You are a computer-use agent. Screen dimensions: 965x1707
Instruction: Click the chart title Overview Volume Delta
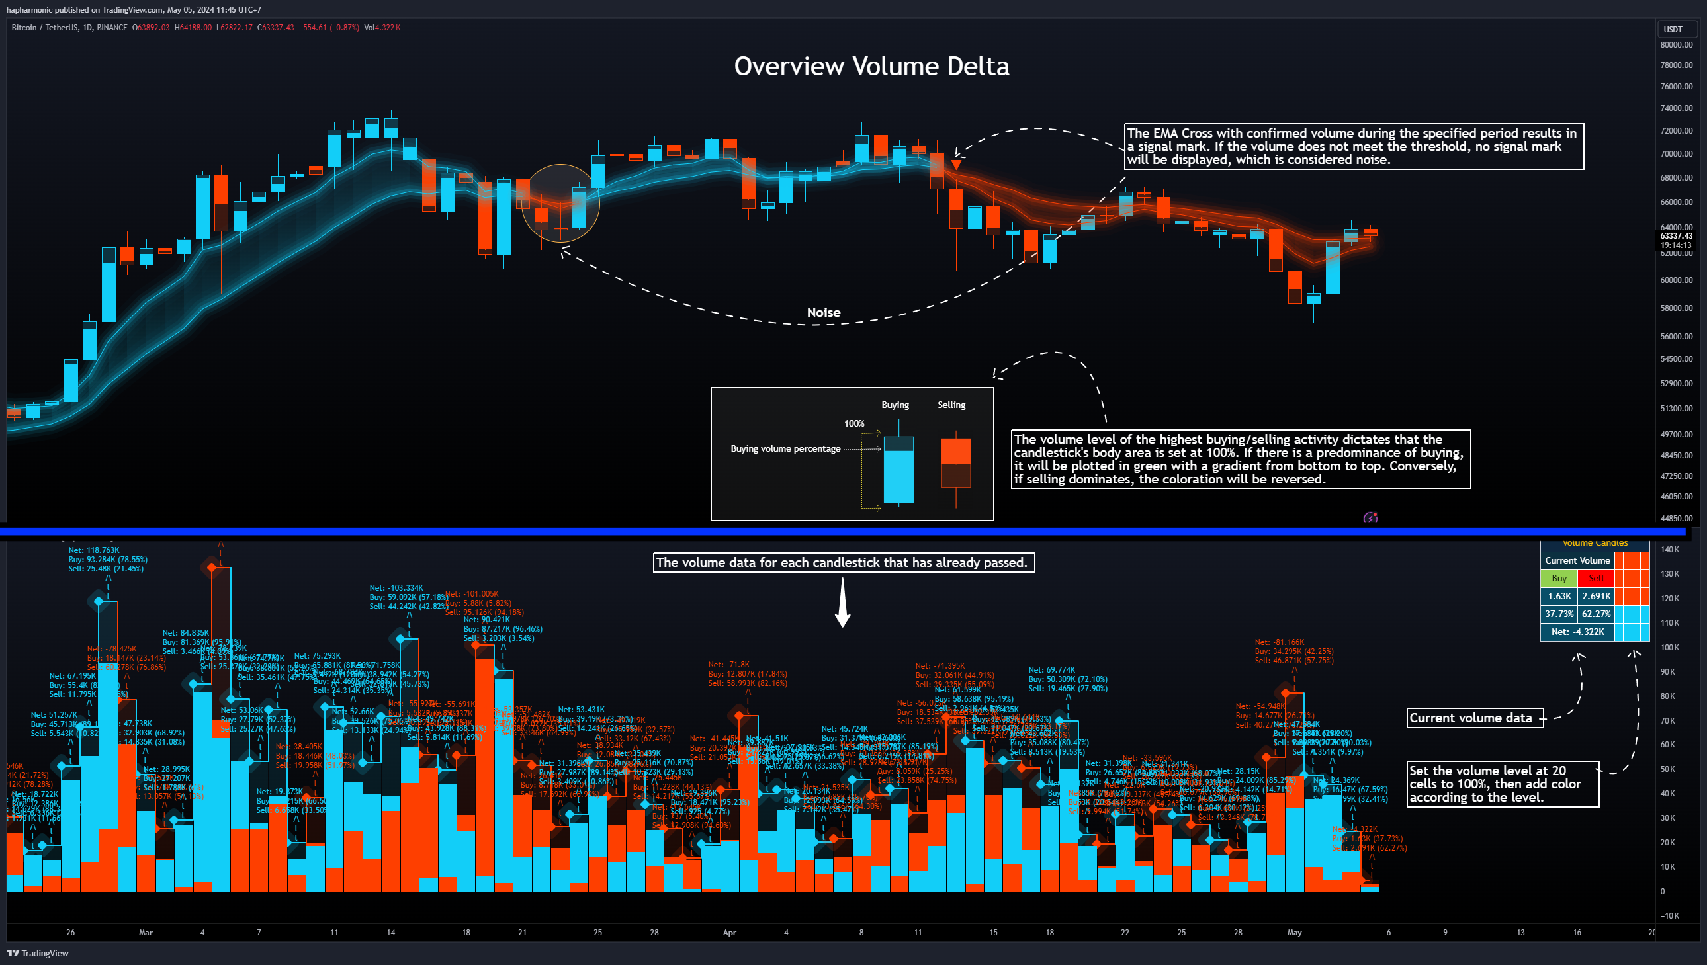pos(871,66)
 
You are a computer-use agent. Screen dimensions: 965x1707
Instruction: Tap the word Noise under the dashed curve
pos(823,312)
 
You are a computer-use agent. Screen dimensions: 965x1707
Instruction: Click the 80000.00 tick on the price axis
pos(1676,45)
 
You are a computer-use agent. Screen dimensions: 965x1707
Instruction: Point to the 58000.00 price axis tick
pos(1676,308)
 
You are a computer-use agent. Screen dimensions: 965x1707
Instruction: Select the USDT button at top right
pos(1673,29)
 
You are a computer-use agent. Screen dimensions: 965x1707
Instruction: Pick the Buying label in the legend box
pos(895,405)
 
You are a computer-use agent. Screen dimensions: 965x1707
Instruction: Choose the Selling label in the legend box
pos(951,405)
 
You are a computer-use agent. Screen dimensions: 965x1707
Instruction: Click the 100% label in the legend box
pos(854,423)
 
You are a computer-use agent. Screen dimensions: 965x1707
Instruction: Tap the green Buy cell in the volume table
pos(1559,578)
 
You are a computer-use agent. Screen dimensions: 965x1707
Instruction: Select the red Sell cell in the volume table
pos(1596,578)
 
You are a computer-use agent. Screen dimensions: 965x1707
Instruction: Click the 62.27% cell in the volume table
pos(1596,614)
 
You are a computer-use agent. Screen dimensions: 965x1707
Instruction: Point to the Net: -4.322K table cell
pos(1577,632)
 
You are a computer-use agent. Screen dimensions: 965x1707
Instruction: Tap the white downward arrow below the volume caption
pos(842,603)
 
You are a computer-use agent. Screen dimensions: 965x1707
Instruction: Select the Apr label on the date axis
pos(729,933)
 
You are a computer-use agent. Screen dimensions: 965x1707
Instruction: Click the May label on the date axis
pos(1294,933)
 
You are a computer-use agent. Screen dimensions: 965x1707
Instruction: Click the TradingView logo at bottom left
pos(38,953)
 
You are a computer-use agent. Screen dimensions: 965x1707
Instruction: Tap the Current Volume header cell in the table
pos(1577,560)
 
